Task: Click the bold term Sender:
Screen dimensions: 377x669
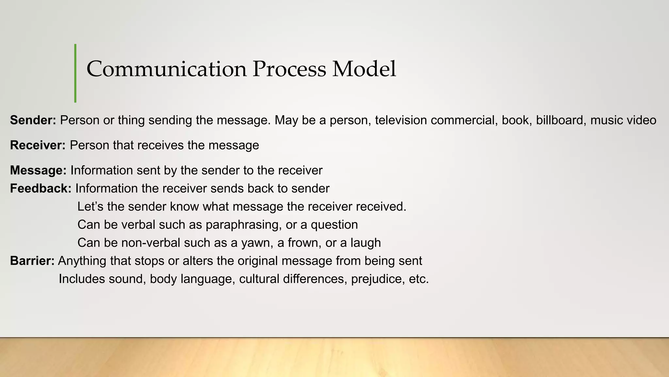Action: pyautogui.click(x=33, y=120)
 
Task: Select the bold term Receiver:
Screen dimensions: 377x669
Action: pyautogui.click(x=38, y=145)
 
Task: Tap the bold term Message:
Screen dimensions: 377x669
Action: pyautogui.click(x=38, y=171)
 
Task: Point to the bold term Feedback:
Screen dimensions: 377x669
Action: pyautogui.click(x=41, y=188)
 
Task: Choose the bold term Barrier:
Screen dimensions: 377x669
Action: pyautogui.click(x=32, y=261)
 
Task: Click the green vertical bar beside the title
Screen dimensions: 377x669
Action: pyautogui.click(x=75, y=73)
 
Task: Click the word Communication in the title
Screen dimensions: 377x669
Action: pyautogui.click(x=166, y=69)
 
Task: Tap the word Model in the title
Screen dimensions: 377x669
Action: pyautogui.click(x=364, y=69)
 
